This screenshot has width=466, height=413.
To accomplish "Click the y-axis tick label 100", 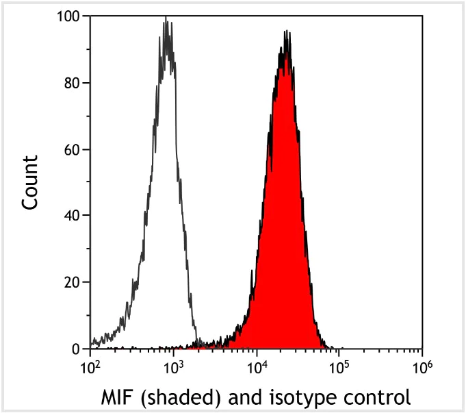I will pos(68,16).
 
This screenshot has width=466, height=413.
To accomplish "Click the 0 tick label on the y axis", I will pos(76,349).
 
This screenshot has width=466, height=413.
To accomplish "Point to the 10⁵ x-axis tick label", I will pos(339,367).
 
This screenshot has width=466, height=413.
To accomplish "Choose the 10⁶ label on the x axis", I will pos(422,367).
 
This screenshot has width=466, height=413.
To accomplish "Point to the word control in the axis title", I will pos(375,397).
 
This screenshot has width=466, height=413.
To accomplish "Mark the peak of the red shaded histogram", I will pos(287,32).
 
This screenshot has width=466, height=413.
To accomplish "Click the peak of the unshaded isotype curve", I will pos(166,22).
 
